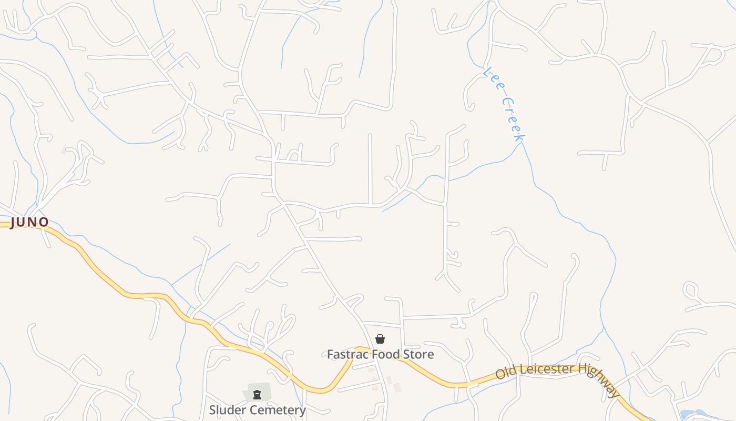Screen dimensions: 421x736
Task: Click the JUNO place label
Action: click(29, 222)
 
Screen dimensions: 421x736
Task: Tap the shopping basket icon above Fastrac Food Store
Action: click(380, 339)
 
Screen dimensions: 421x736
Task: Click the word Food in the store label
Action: click(386, 354)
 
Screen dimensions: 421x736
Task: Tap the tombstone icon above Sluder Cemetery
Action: click(257, 395)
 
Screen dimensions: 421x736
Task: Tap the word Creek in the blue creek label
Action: click(514, 119)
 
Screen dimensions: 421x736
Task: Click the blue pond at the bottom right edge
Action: click(694, 415)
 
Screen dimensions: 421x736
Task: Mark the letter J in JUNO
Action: click(14, 222)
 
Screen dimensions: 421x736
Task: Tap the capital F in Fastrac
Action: click(331, 354)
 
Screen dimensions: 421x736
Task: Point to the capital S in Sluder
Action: click(213, 410)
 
